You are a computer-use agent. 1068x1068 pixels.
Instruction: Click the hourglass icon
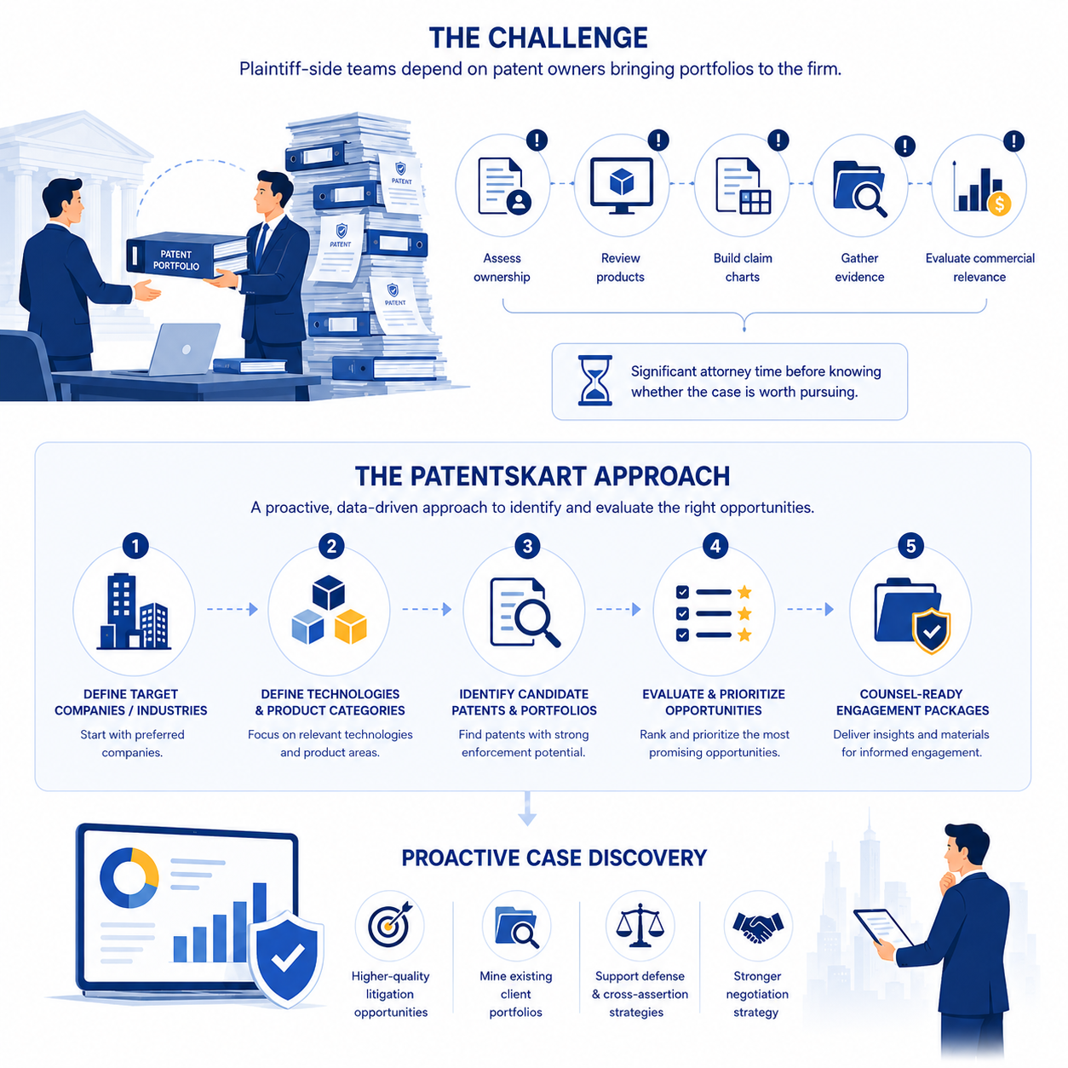(594, 380)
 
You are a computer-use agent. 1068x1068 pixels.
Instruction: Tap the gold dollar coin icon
(999, 204)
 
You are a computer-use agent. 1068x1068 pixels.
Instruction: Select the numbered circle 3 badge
(527, 546)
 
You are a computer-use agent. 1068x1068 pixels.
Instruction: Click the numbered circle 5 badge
(910, 546)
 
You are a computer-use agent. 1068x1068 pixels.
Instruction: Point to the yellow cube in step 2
(351, 626)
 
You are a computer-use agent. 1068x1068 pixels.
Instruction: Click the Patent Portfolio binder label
(176, 260)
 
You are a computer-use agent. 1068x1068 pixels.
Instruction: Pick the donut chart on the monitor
(129, 877)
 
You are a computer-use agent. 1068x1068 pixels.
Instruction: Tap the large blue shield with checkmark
(286, 959)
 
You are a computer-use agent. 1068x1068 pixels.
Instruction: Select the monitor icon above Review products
(621, 186)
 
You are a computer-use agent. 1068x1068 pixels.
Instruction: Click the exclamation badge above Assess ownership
(537, 140)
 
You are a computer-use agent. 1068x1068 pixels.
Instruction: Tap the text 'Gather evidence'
(859, 267)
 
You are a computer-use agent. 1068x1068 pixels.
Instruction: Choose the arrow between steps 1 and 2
(233, 609)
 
